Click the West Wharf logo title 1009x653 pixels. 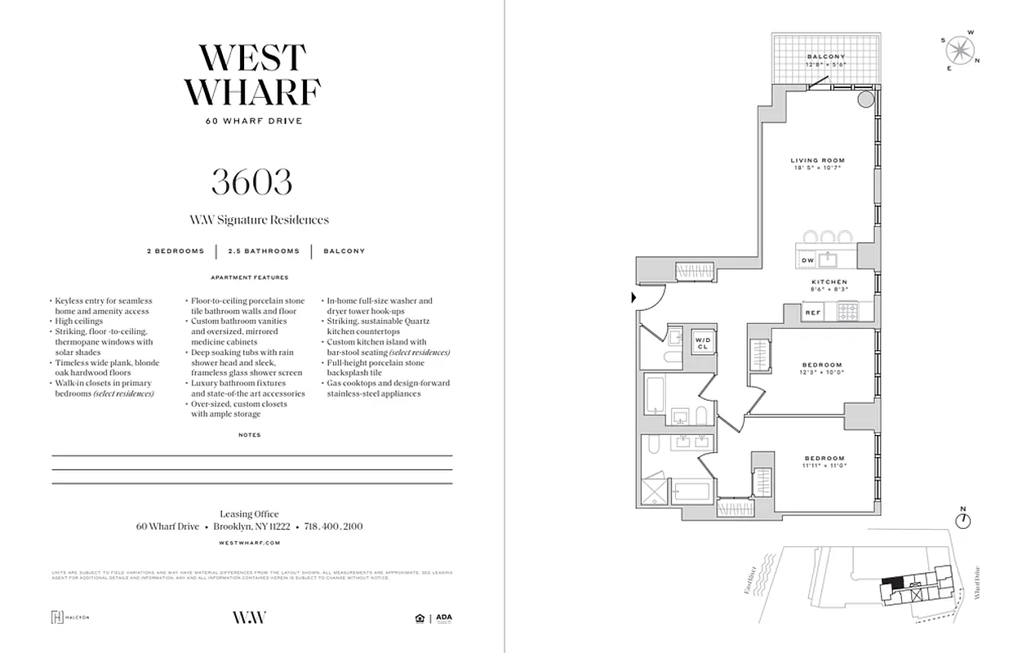[x=251, y=75]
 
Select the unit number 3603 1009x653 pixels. [x=251, y=181]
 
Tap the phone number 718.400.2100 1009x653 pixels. [x=333, y=526]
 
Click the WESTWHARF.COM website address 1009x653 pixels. [x=251, y=542]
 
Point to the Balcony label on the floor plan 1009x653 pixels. [x=825, y=56]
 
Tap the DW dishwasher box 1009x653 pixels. [x=807, y=260]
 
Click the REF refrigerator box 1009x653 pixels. [x=812, y=312]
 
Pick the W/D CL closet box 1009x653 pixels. [x=702, y=343]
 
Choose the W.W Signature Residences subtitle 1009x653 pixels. [x=259, y=220]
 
